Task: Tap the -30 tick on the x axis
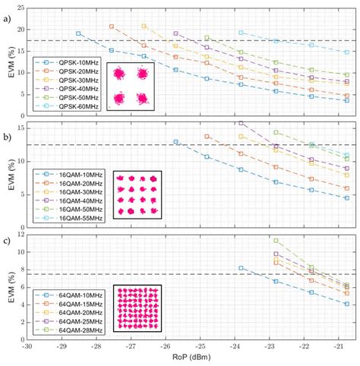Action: click(27, 346)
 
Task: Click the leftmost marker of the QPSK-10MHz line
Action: click(78, 33)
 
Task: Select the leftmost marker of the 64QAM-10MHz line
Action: click(242, 268)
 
